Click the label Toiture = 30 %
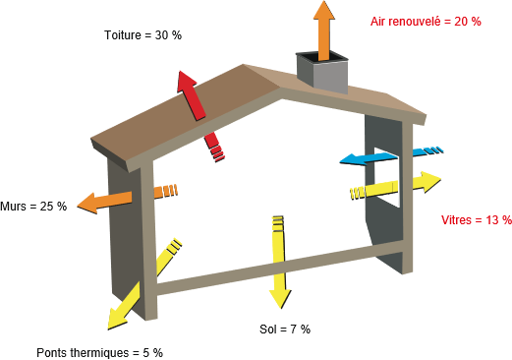tap(142, 35)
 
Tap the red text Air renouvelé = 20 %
tap(426, 22)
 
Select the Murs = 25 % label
tap(33, 207)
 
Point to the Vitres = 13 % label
tap(477, 220)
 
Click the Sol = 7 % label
tap(285, 329)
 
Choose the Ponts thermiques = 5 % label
tap(99, 353)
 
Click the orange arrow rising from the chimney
tap(324, 30)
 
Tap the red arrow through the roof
tap(200, 116)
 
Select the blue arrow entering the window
tap(391, 155)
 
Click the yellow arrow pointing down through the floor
tap(279, 263)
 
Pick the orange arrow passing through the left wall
tap(127, 199)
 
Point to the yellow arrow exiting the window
tap(396, 186)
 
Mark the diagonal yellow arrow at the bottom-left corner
tap(144, 283)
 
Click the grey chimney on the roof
tap(321, 71)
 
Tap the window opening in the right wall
tap(387, 177)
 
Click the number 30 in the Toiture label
tap(161, 35)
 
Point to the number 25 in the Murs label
tap(46, 207)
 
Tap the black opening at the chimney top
tap(322, 57)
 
